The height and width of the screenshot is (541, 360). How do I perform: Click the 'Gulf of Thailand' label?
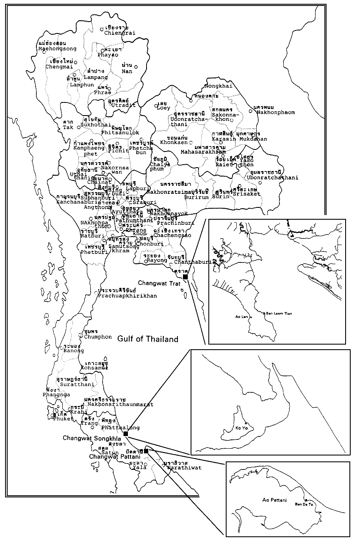(x=148, y=339)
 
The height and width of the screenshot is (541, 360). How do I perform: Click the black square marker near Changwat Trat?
(x=185, y=276)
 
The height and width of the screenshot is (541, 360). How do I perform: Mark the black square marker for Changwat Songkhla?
(x=125, y=433)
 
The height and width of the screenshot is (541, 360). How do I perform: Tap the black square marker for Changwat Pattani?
(x=146, y=451)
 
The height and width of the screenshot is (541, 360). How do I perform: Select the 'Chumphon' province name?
(x=98, y=337)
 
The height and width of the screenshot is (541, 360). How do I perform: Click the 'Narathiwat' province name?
(x=184, y=468)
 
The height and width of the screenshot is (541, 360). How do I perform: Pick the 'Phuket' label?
(x=63, y=419)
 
